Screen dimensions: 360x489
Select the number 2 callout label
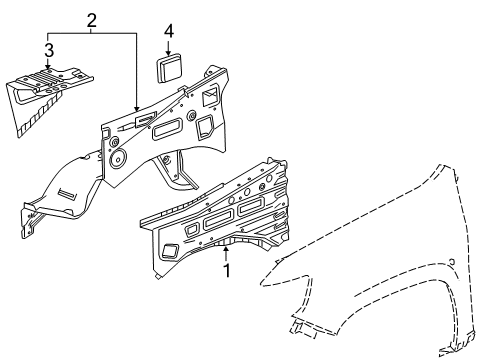[92, 20]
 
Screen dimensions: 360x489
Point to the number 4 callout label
[169, 32]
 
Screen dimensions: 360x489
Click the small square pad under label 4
[166, 70]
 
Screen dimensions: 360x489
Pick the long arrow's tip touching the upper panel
[136, 108]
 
